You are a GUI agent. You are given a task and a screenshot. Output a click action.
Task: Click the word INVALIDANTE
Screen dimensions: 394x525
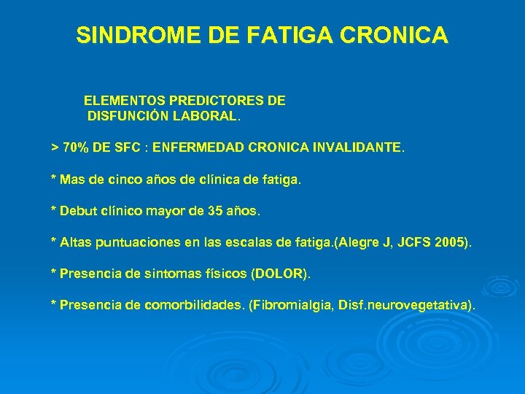coord(357,147)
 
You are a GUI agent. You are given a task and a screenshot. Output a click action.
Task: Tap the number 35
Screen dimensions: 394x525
coord(216,212)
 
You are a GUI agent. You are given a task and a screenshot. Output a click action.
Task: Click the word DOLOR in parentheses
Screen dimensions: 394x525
coord(281,274)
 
